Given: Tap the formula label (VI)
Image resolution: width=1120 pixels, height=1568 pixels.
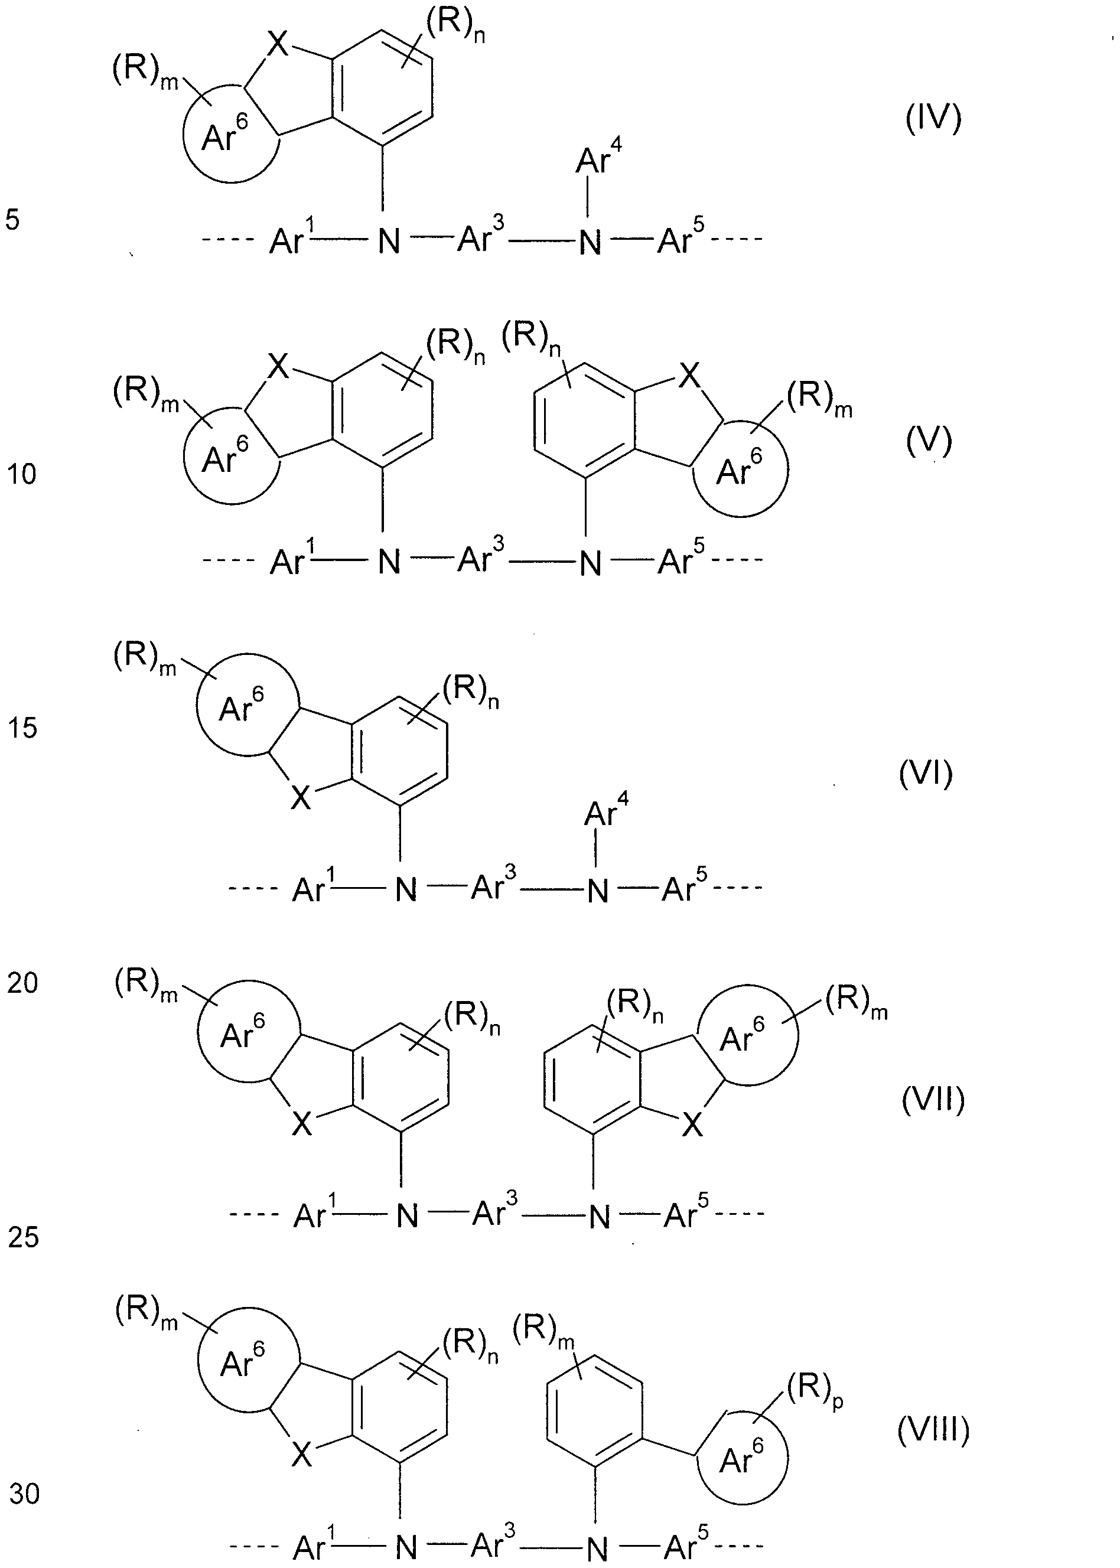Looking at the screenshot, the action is coord(926,774).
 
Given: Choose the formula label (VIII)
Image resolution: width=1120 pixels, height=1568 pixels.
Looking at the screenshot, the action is coord(933,1431).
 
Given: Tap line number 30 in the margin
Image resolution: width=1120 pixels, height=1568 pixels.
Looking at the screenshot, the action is coord(24,1494).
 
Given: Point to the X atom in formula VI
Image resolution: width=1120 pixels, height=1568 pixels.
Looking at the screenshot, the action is coord(301,798).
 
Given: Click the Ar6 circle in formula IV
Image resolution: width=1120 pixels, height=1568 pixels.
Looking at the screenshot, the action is coord(185,138).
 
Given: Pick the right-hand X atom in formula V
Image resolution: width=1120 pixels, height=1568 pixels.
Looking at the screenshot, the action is coord(688,376).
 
